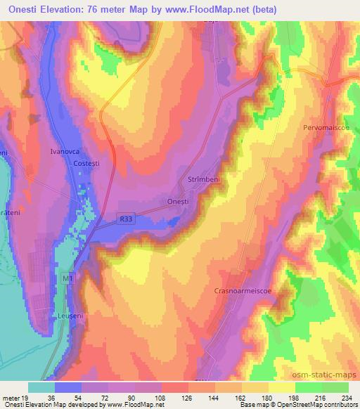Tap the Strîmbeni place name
[x=204, y=181]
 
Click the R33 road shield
[x=125, y=219]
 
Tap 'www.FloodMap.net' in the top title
[x=208, y=10]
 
